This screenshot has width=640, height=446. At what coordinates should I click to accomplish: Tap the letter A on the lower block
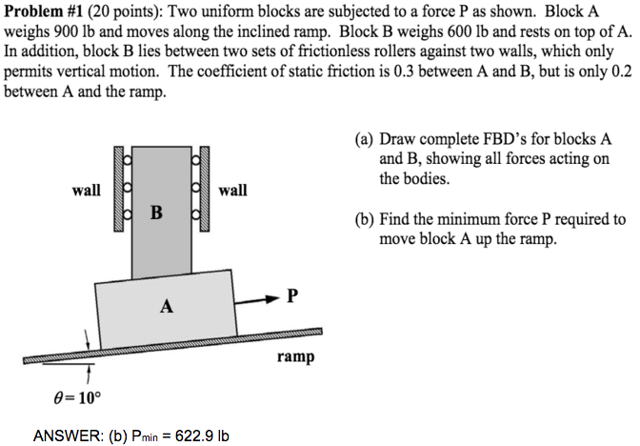[168, 306]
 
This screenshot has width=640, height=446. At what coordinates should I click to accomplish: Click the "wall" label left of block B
[87, 190]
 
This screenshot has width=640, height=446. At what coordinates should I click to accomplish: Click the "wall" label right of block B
[233, 190]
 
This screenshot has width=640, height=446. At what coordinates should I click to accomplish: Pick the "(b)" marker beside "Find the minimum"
[365, 219]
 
